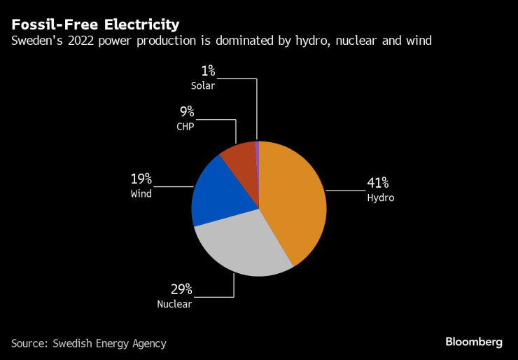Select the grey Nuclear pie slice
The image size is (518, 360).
click(x=241, y=245)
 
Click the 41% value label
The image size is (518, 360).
click(x=379, y=184)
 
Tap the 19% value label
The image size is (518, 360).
click(x=141, y=179)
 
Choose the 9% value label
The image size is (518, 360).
click(x=187, y=112)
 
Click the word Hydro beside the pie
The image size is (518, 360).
click(x=381, y=198)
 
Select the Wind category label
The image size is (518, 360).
click(x=141, y=193)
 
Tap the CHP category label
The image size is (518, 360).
click(x=185, y=127)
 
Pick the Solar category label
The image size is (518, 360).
click(x=203, y=85)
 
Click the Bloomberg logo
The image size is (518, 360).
click(x=474, y=342)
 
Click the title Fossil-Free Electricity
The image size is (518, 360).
click(x=94, y=25)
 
